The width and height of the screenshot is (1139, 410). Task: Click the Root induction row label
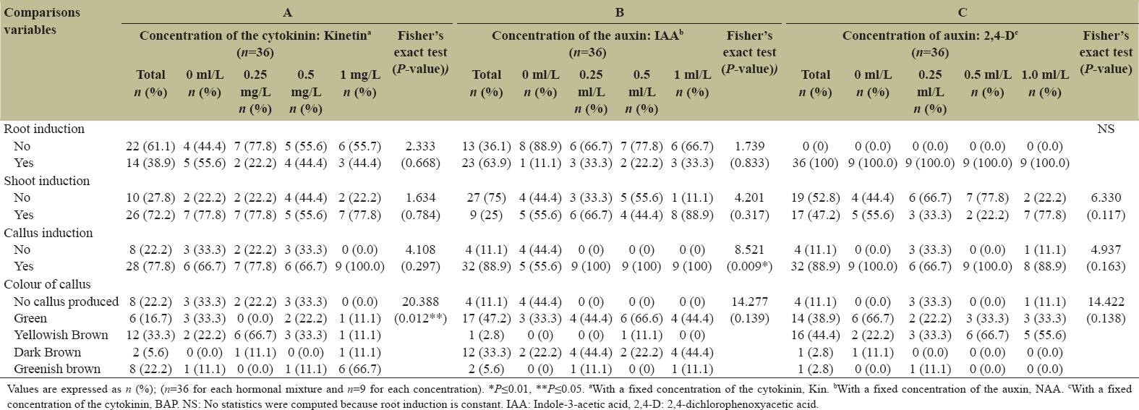tap(44, 129)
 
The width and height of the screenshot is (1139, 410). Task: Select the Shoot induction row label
tap(47, 181)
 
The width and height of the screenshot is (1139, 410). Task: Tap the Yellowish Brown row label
tap(61, 335)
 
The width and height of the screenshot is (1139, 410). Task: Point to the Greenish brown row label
tap(57, 369)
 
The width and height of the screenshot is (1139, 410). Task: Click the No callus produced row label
tap(66, 302)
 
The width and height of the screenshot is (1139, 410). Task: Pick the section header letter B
tap(620, 12)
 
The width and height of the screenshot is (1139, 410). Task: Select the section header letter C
tap(962, 12)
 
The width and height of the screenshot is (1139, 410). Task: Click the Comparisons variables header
tap(42, 21)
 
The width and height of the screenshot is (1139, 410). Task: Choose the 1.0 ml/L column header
tap(1044, 74)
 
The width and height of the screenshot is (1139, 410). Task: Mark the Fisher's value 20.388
tap(420, 302)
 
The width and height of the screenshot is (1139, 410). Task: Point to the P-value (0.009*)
tap(749, 266)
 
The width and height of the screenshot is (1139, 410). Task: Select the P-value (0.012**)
tap(420, 318)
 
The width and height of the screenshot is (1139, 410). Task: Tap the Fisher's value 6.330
tap(1106, 197)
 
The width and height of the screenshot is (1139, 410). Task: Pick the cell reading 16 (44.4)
tap(815, 335)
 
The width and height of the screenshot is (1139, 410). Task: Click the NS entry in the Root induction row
tap(1106, 129)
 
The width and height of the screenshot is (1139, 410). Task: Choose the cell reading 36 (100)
tap(815, 163)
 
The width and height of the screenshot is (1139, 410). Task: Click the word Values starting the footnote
tap(22, 389)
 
